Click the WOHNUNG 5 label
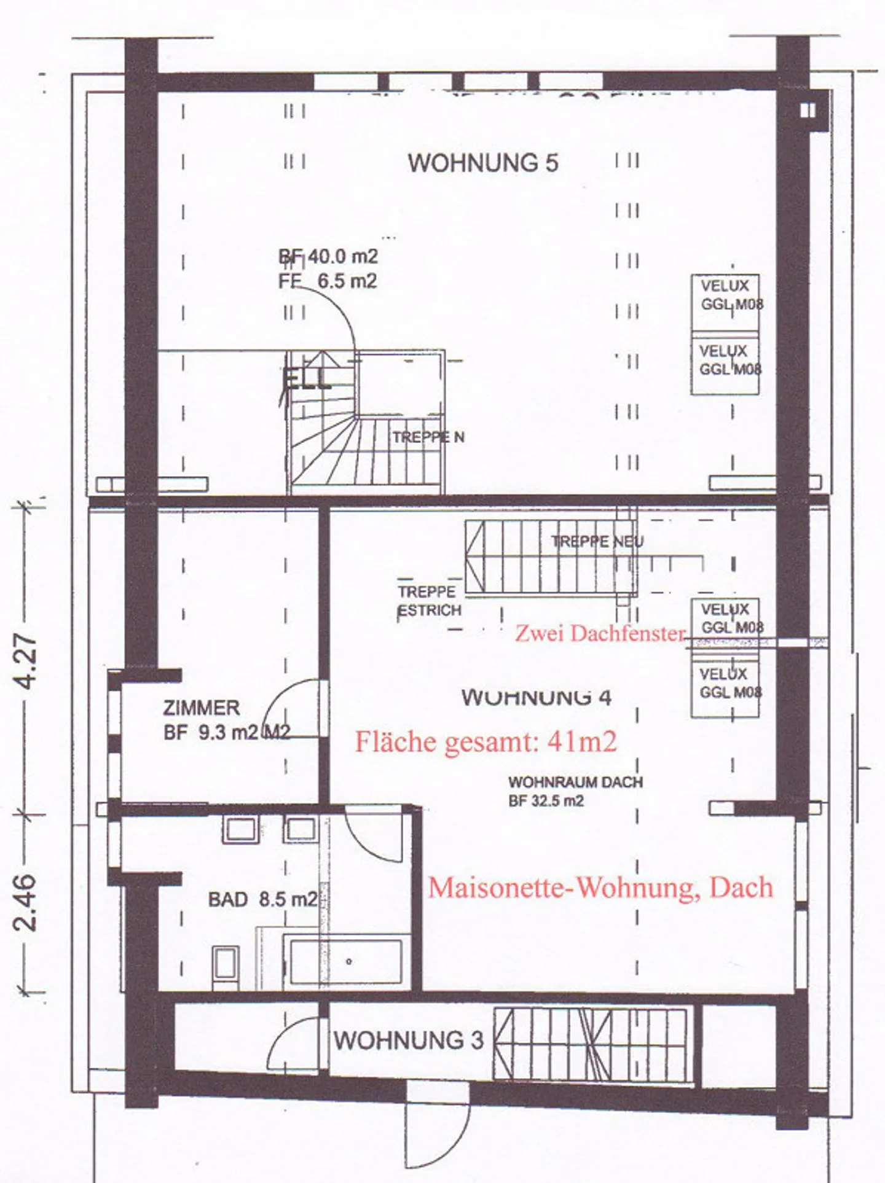(483, 163)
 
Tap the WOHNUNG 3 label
(408, 1040)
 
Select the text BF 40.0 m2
(328, 257)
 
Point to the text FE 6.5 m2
(328, 281)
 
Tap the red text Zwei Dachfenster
(600, 633)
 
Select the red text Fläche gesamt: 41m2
(486, 742)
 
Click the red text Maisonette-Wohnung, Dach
(600, 888)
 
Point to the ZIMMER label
(201, 708)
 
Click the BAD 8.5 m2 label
(263, 900)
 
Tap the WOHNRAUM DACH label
(575, 783)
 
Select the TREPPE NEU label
(597, 542)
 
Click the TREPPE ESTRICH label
(429, 601)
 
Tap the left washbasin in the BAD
(240, 830)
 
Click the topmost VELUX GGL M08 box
(725, 302)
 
